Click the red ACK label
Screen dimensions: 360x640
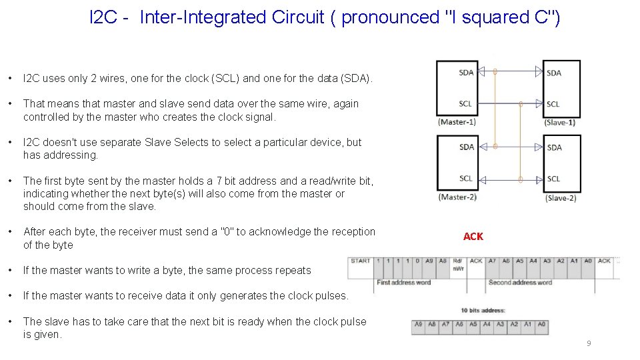[x=473, y=237]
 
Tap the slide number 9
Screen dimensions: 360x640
[x=589, y=343]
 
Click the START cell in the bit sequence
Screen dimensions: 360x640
[x=360, y=261]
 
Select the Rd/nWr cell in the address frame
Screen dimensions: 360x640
[x=459, y=264]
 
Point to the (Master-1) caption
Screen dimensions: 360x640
[x=457, y=122]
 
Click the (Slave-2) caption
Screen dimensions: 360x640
[x=560, y=198]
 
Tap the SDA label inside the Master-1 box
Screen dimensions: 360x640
[x=466, y=73]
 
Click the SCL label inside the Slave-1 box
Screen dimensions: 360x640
[x=553, y=104]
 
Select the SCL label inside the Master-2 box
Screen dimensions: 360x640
[x=466, y=178]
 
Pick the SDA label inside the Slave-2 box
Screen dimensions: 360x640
[x=554, y=147]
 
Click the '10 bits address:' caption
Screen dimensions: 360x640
[x=483, y=311]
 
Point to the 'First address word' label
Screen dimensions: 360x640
[x=403, y=282]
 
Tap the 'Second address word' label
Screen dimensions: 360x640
[x=520, y=282]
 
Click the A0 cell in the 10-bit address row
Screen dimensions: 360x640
[x=541, y=325]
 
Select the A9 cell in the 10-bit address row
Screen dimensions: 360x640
[x=419, y=325]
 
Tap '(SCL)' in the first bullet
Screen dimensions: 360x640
[x=225, y=79]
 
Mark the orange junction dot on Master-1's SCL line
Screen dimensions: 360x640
[x=520, y=104]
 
